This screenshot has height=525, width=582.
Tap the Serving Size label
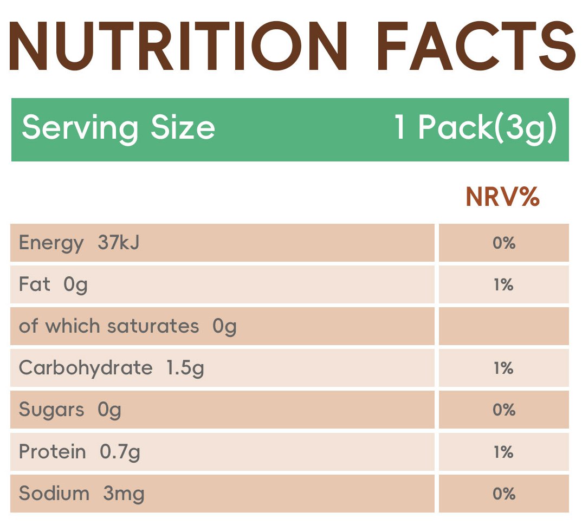point(118,128)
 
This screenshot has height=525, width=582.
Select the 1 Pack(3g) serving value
point(475,128)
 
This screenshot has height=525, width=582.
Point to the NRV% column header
point(502,198)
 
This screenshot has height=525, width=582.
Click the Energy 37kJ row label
point(79,243)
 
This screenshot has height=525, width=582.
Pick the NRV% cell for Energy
point(503,243)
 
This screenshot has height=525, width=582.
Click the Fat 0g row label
point(53,284)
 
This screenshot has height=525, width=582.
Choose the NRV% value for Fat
point(503,285)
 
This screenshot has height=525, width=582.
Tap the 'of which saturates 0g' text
point(128,326)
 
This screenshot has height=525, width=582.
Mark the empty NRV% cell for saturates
point(503,326)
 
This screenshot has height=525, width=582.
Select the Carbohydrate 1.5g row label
point(112,368)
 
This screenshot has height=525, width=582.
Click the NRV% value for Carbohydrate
point(503,368)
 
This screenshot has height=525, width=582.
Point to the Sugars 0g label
point(70,410)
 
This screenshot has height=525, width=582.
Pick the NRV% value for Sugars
point(503,410)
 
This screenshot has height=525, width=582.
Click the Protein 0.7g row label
point(80,451)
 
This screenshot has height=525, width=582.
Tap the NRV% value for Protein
point(503,452)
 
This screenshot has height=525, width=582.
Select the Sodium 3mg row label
point(82,494)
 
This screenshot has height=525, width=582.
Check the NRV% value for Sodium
point(503,494)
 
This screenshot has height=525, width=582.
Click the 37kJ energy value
point(119,243)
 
